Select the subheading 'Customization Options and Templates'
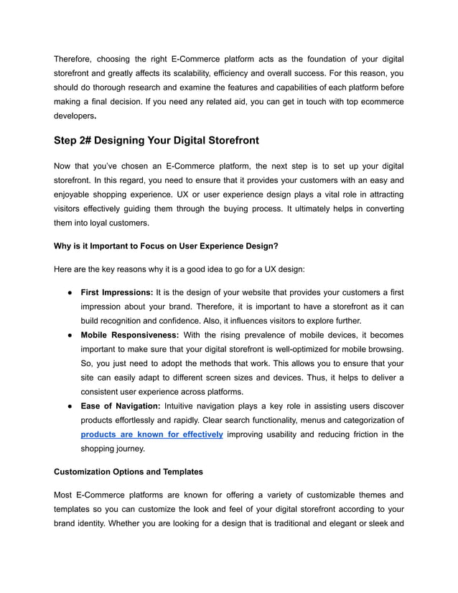click(x=128, y=472)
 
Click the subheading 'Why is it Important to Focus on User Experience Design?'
click(x=166, y=246)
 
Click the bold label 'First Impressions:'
click(x=116, y=292)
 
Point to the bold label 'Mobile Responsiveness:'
click(x=130, y=335)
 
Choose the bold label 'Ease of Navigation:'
click(x=121, y=406)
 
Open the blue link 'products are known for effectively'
click(x=151, y=434)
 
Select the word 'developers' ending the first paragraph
click(x=74, y=116)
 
